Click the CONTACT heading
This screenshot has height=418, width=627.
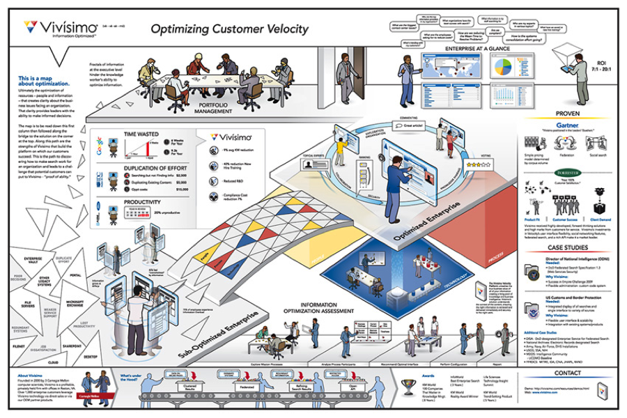(567, 373)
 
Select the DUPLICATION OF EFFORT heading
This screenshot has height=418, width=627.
(157, 167)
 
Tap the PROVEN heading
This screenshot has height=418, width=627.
(567, 113)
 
